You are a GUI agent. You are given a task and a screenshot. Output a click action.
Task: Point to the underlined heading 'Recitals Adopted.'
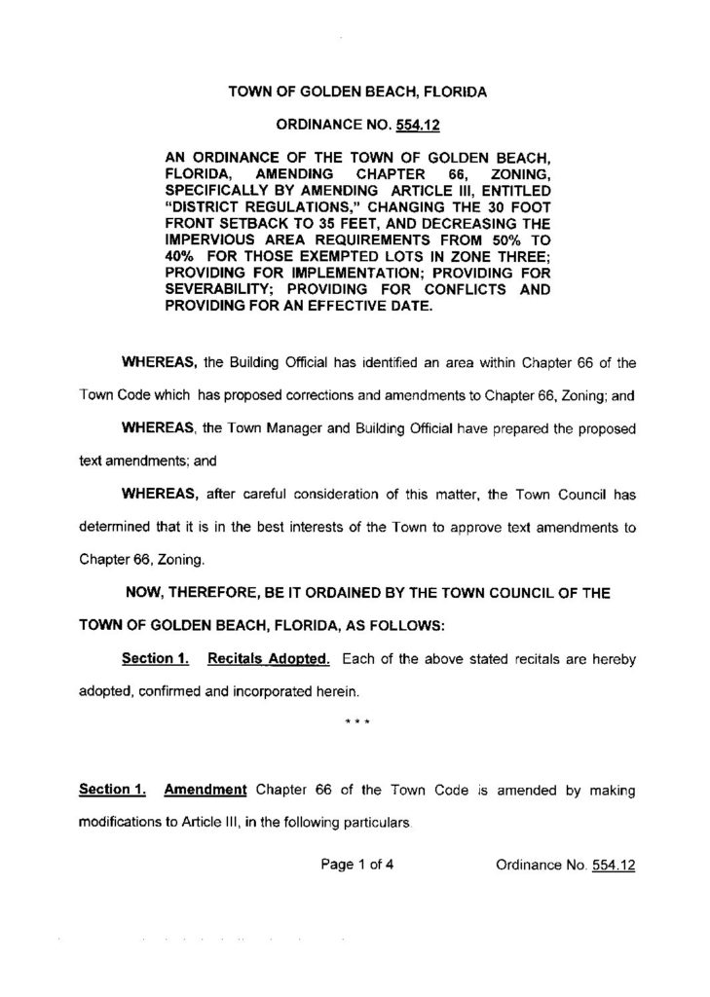pyautogui.click(x=268, y=660)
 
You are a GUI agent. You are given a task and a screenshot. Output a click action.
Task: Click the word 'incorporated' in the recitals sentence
pyautogui.click(x=279, y=692)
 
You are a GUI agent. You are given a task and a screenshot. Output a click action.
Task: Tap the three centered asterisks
pyautogui.click(x=355, y=723)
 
